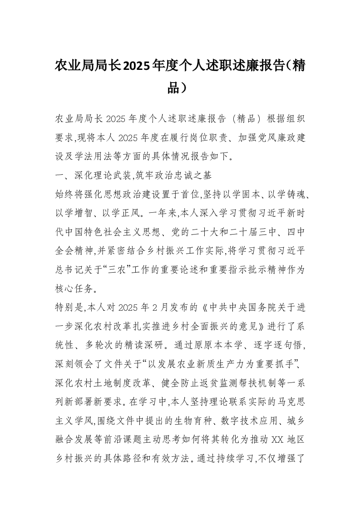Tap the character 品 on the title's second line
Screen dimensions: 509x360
point(173,87)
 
